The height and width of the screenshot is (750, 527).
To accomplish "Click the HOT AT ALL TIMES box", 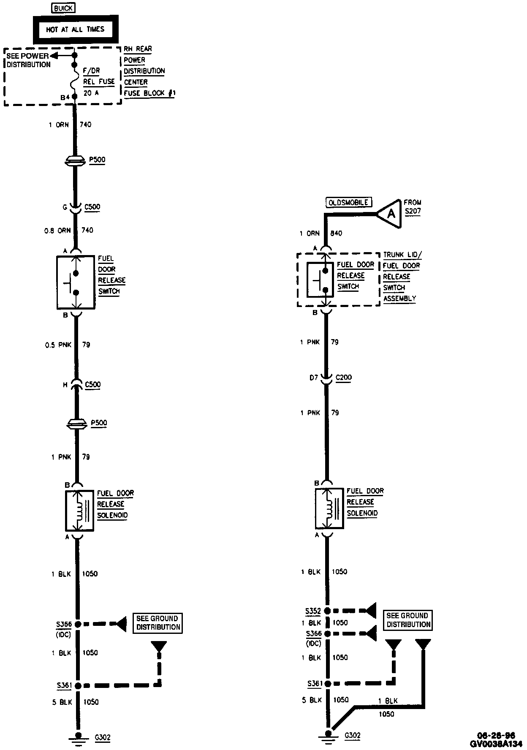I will pyautogui.click(x=75, y=29).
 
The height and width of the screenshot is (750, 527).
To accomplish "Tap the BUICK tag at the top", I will pyautogui.click(x=63, y=8).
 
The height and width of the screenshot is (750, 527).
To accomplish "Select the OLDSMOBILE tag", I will pyautogui.click(x=348, y=202).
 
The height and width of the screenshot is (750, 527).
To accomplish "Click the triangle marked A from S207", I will pyautogui.click(x=390, y=214).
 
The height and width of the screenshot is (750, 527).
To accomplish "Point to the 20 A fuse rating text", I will pyautogui.click(x=91, y=93).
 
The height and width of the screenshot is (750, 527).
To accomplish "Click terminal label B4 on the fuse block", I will pyautogui.click(x=65, y=98).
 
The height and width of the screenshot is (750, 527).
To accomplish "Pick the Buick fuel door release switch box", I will pyautogui.click(x=75, y=282).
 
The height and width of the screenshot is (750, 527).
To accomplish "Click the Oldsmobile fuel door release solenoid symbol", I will pyautogui.click(x=329, y=508).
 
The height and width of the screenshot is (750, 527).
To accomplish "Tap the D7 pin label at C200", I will pyautogui.click(x=313, y=378).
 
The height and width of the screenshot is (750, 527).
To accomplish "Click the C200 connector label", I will pyautogui.click(x=343, y=378).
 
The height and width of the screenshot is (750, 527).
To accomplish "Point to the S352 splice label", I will pyautogui.click(x=313, y=611).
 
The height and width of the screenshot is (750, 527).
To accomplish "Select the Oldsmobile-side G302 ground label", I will pyautogui.click(x=353, y=735).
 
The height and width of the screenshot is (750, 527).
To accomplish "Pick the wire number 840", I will pyautogui.click(x=336, y=233).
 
